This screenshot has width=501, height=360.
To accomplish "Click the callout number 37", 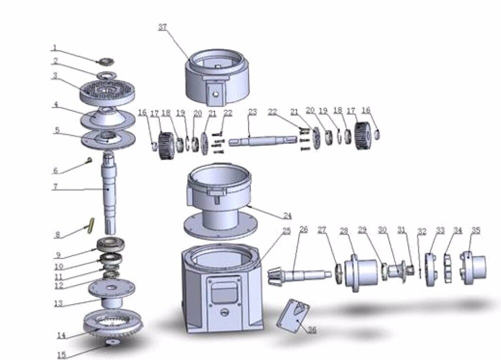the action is tap(163, 27).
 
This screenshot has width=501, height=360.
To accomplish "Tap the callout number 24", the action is tap(288, 216).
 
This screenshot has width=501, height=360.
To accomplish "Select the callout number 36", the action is tap(312, 329).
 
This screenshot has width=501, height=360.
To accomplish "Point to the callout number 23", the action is tap(253, 112).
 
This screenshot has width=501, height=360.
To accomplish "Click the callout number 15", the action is tap(62, 355).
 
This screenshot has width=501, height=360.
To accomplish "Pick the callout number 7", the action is tap(55, 187).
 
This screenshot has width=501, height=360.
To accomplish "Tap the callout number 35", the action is tap(476, 231).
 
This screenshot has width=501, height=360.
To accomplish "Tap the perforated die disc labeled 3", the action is tap(107, 91).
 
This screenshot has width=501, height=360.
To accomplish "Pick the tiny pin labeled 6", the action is tap(90, 159).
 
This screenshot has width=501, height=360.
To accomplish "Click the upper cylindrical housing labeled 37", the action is tap(217, 77).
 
